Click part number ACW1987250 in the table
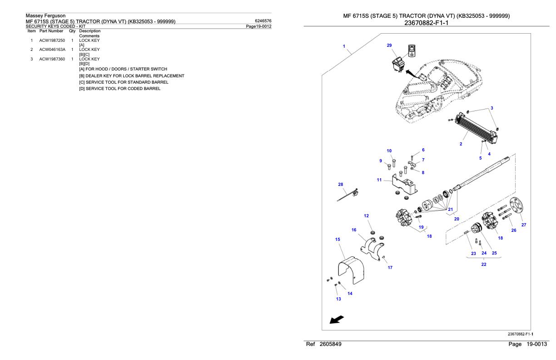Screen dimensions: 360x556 point(52,40)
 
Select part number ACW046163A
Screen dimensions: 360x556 point(52,50)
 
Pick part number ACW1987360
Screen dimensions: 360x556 point(52,59)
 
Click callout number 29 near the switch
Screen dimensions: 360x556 point(389,45)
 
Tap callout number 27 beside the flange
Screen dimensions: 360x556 point(524,225)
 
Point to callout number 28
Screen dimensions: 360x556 point(341,185)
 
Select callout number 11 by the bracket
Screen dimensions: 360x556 point(379,180)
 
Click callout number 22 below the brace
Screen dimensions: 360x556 point(484,265)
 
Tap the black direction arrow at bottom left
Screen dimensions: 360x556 point(337,320)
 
